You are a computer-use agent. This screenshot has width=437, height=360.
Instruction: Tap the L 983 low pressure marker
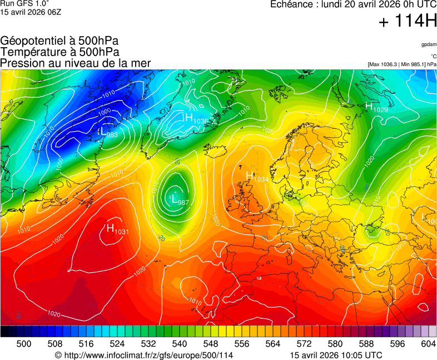coord(107,133)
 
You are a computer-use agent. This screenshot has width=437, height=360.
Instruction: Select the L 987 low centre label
coord(178,200)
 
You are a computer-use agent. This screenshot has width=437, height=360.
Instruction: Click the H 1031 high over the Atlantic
coord(117,229)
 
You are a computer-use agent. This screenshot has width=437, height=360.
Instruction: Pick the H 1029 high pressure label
coord(376,107)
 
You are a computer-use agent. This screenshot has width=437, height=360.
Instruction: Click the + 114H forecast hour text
coord(408,22)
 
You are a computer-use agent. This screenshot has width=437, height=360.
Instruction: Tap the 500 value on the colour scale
coord(24,344)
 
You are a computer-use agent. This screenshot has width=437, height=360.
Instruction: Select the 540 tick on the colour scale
coord(179,344)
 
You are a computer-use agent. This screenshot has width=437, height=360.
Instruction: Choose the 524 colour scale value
coord(117,344)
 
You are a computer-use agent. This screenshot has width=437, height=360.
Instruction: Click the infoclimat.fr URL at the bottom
coord(144,355)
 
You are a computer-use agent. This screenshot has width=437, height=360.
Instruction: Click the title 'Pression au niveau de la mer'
coord(76,63)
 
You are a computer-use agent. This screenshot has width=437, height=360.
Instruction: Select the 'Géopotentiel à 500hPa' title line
coord(59,41)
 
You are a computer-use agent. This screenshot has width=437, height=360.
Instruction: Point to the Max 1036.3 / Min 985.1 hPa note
coord(402,64)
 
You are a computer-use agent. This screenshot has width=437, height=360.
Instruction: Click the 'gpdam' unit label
coord(429,44)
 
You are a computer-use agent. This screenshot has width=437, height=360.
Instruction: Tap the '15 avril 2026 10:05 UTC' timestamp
coord(336,355)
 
